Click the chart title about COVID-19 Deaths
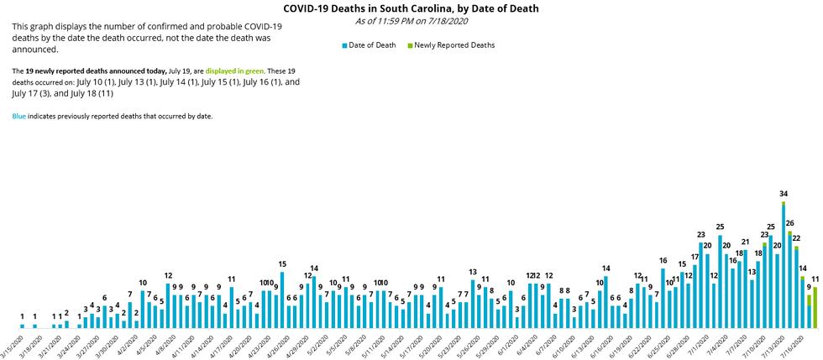[x=411, y=8]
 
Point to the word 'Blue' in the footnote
[x=19, y=116]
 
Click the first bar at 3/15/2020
[x=23, y=326]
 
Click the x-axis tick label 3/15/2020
[x=12, y=344]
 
